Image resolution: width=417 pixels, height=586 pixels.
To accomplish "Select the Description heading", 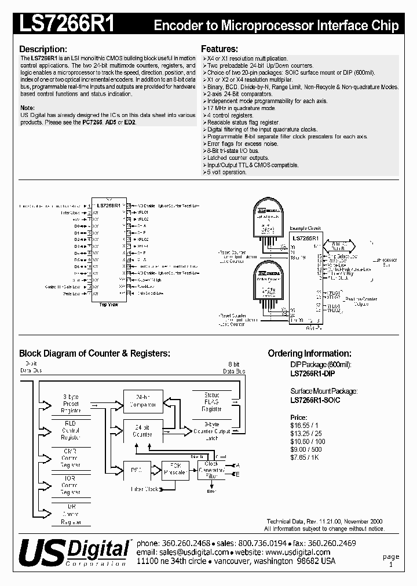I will point(43,49).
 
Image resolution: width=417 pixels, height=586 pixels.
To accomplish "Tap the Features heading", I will point(220,49).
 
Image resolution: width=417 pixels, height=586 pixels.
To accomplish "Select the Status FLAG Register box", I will point(211,401).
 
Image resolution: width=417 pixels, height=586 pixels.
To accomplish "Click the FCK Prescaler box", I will point(174,470).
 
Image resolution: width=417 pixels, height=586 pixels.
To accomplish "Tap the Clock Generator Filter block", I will point(211,470).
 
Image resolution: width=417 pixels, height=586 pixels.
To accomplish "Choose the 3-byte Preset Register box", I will point(71,403).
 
